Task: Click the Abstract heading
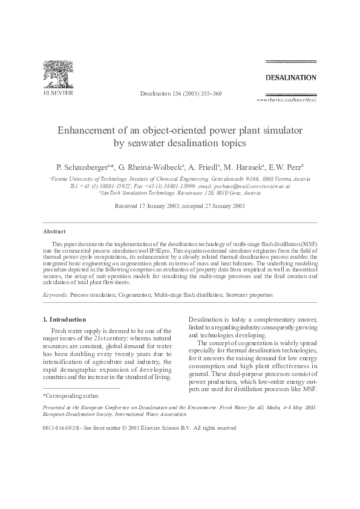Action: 54,231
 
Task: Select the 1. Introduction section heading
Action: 64,319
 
